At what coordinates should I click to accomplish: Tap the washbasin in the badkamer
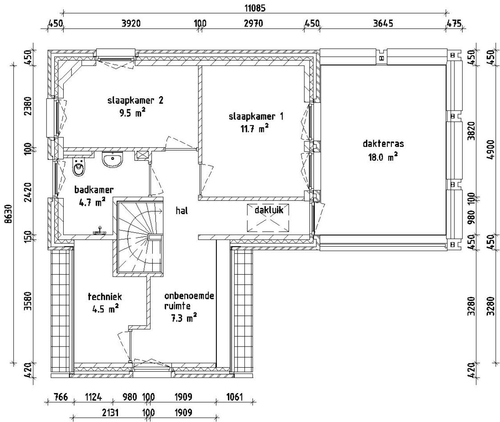coord(112,159)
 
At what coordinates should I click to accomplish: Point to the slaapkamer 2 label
coord(135,100)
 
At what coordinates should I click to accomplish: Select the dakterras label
coord(383,144)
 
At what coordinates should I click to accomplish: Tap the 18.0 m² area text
coord(383,157)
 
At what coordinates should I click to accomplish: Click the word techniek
coord(105,297)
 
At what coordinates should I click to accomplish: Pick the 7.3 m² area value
coord(184,318)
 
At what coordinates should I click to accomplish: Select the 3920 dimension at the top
coord(131,23)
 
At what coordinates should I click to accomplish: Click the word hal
coord(182,211)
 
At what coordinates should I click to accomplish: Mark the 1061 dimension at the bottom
coord(234,397)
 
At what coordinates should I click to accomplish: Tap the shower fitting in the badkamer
coord(100,231)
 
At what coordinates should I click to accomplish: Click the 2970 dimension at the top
coord(253,23)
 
